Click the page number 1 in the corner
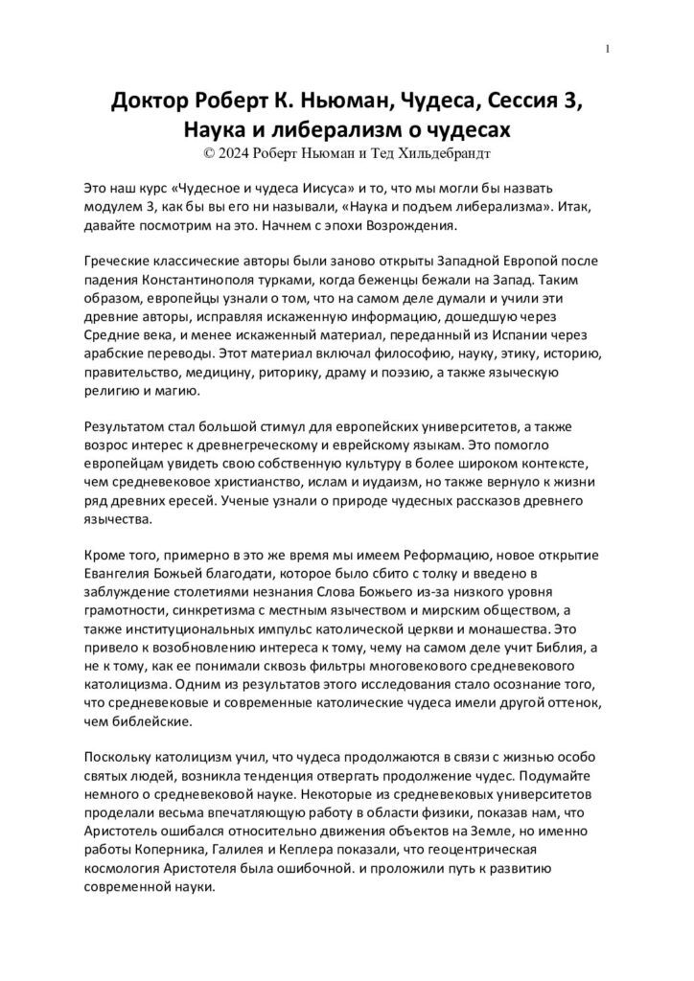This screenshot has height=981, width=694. pyautogui.click(x=610, y=49)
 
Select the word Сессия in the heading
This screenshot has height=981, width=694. pyautogui.click(x=520, y=102)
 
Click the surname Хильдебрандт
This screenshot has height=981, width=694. pyautogui.click(x=442, y=151)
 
